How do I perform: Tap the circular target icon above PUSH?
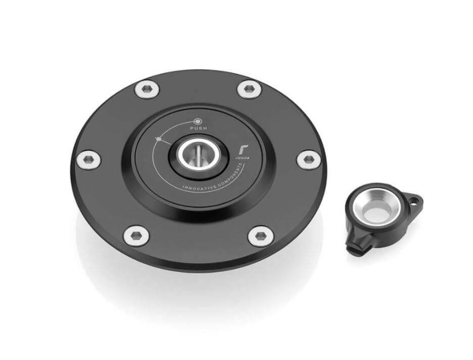198,121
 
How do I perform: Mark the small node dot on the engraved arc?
159,139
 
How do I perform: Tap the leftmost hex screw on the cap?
88,160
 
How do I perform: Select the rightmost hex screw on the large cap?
308,160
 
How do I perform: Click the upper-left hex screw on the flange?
147,89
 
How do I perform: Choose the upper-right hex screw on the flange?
249,89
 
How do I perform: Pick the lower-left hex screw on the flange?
136,235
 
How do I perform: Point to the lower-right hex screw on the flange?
261,236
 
